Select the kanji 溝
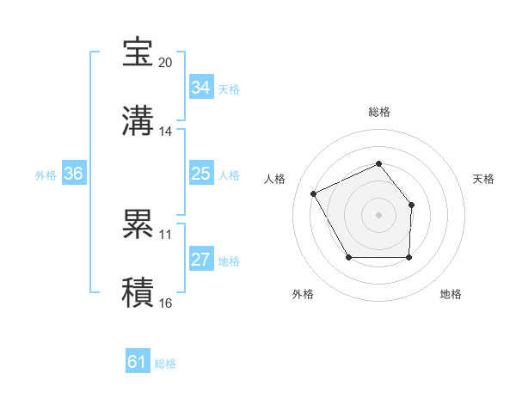point(138,121)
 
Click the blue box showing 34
point(200,88)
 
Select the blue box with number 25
point(200,174)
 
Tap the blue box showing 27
point(200,260)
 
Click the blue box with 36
point(73,174)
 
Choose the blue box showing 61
point(137,362)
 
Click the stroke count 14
point(166,132)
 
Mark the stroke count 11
point(166,234)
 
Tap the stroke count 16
point(166,303)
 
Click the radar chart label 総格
point(378,113)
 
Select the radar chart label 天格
point(484,179)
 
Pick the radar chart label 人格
point(275,179)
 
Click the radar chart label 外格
point(303,294)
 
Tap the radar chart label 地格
point(451,294)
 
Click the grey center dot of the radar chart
point(378,214)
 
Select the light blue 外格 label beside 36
point(46,174)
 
